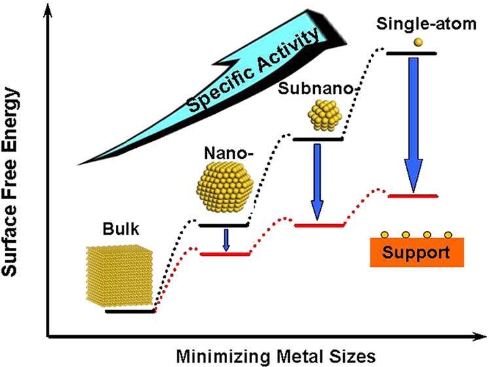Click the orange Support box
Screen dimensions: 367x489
point(416,252)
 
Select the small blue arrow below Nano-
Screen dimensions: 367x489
point(226,240)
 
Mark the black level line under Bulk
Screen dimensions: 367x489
point(129,311)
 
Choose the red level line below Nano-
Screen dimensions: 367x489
point(225,254)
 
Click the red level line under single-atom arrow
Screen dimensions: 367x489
point(412,196)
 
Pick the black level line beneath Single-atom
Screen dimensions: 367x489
point(412,53)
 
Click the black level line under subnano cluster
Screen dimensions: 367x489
point(317,139)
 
